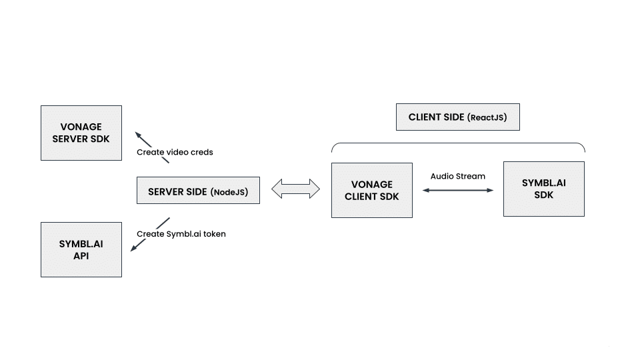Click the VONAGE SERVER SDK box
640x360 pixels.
(81, 133)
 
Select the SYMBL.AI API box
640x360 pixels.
(81, 249)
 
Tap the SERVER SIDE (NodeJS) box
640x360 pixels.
(197, 191)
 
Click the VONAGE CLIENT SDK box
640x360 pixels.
(371, 190)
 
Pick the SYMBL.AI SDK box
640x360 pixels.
(543, 189)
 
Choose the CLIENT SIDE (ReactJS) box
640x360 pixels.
(457, 117)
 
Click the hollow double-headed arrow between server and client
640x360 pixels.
(295, 189)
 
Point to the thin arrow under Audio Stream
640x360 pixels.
(457, 191)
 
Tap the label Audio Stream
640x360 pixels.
(457, 176)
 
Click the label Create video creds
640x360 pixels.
(175, 152)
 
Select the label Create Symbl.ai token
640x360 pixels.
(181, 234)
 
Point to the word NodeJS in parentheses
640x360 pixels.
(229, 192)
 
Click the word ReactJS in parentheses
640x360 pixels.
(487, 118)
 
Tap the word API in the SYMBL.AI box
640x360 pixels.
(81, 256)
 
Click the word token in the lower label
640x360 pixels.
(213, 234)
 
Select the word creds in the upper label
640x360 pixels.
(201, 152)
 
